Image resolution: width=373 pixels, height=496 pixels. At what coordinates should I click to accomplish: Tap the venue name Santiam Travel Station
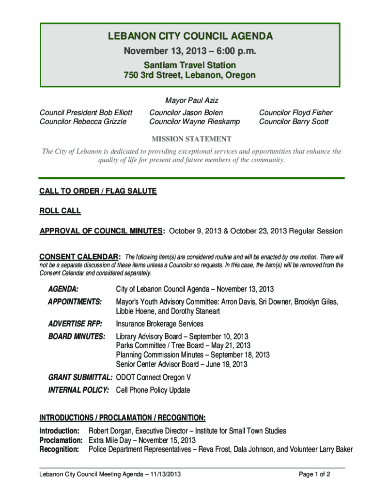(189, 65)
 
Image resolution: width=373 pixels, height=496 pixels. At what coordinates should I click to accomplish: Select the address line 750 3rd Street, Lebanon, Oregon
(189, 76)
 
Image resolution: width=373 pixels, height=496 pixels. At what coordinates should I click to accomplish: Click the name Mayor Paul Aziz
(192, 101)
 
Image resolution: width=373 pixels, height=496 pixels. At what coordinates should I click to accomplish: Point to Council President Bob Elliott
(86, 113)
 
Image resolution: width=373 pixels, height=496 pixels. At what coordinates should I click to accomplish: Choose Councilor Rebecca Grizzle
(83, 122)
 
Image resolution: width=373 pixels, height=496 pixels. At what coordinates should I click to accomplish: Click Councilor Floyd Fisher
(295, 113)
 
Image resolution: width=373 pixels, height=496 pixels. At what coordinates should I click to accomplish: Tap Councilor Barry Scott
(294, 122)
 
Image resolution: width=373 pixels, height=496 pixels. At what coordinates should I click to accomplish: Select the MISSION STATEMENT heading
(192, 139)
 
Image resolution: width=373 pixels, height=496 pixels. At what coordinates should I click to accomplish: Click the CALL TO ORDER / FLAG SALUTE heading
(98, 191)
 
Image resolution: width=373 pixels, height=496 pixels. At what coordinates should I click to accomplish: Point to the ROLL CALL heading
(60, 211)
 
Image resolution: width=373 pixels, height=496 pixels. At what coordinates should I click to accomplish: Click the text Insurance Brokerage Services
(159, 324)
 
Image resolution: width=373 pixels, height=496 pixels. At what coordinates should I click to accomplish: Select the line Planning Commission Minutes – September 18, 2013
(193, 355)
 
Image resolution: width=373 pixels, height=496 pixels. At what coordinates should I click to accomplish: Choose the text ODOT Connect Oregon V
(154, 377)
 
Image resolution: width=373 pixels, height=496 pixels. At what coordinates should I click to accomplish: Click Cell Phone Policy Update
(153, 390)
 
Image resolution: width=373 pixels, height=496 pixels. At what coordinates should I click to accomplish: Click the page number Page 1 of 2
(315, 474)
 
